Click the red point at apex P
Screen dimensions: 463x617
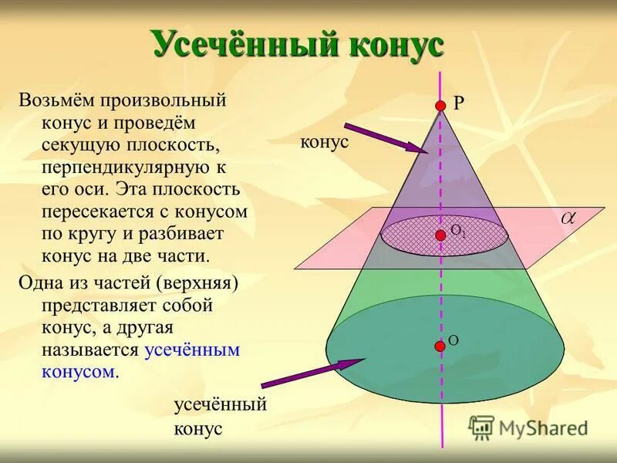point(440,105)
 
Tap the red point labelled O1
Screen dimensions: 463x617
point(440,235)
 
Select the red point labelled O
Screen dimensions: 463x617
point(440,346)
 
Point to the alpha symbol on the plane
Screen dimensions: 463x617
point(568,219)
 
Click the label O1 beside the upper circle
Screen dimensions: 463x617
point(457,230)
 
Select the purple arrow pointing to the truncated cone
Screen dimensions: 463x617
point(312,373)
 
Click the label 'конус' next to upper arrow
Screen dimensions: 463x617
point(325,143)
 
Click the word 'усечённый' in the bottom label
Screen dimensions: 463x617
point(220,404)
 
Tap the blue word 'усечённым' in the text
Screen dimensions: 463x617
point(192,350)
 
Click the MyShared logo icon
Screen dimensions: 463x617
point(482,428)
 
